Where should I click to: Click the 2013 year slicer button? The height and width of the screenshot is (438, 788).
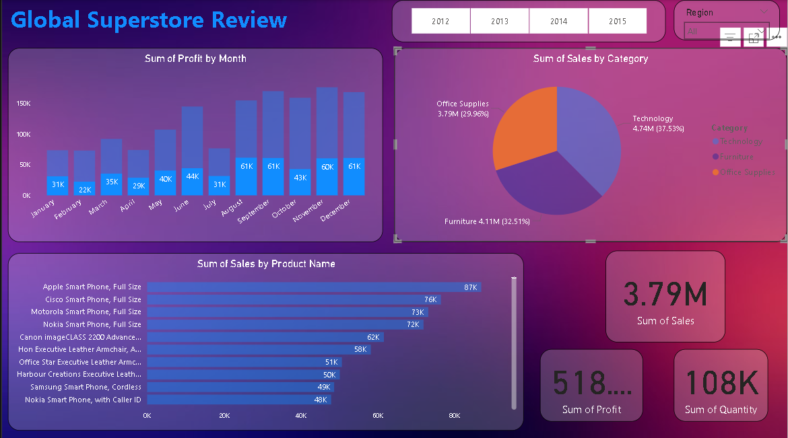500,22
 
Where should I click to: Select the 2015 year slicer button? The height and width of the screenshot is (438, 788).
618,22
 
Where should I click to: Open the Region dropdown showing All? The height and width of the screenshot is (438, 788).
700,32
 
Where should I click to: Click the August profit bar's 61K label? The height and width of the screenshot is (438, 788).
247,166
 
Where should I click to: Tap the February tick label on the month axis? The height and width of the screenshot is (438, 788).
68,209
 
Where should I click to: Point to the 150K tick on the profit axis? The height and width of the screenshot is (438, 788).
23,104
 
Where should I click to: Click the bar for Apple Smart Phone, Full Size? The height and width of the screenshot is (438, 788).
314,287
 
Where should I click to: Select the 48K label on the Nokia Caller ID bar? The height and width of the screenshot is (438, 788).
321,400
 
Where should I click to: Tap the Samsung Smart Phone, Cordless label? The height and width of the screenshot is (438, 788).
86,387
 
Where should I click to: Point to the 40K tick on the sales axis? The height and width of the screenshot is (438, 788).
301,416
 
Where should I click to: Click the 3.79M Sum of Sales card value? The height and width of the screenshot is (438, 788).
665,294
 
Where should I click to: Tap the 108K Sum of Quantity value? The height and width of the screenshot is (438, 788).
720,384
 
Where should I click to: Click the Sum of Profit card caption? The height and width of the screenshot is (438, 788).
591,409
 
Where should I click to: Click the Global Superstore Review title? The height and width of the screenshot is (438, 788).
149,20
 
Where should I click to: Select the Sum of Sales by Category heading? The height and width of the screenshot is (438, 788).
591,59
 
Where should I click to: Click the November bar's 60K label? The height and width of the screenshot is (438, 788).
327,167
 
